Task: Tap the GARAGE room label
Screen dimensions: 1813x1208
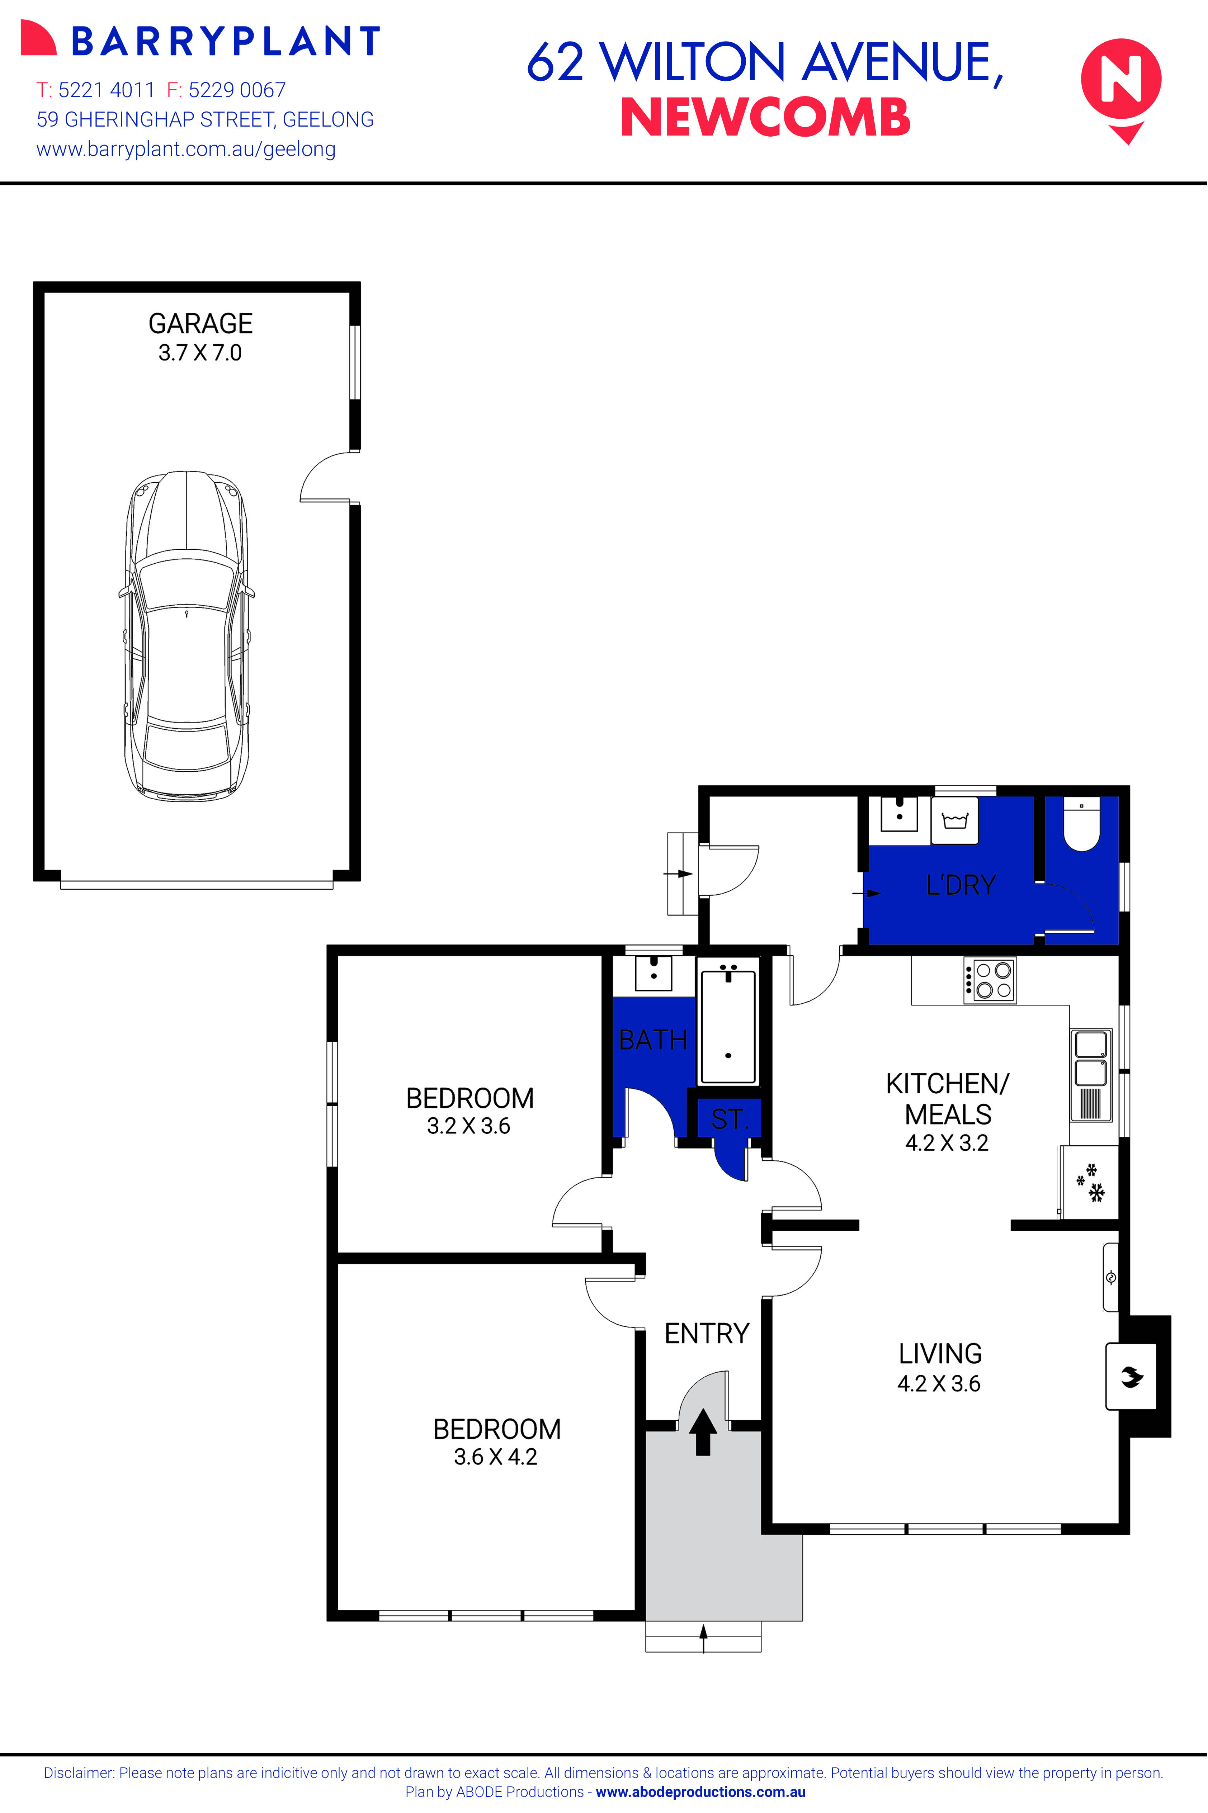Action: coord(200,323)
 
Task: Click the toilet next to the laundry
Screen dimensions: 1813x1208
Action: coord(1082,825)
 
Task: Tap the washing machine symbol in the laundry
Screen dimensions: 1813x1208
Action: coord(954,821)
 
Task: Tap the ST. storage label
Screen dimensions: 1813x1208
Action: coord(729,1119)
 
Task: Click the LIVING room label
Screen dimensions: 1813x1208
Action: coord(940,1353)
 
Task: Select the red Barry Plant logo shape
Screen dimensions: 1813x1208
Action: coord(38,38)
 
